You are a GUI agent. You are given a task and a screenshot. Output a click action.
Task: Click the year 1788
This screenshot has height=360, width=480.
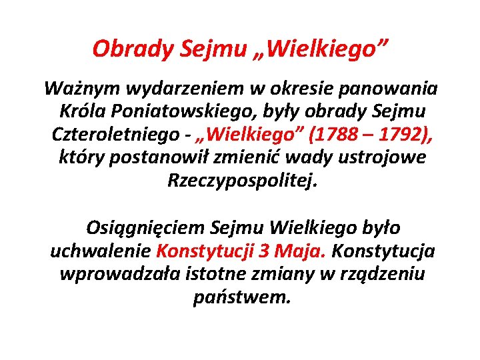335,135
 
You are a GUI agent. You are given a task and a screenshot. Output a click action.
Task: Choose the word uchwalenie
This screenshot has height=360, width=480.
101,251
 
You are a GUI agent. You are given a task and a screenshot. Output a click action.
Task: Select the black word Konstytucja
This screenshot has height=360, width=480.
383,251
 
